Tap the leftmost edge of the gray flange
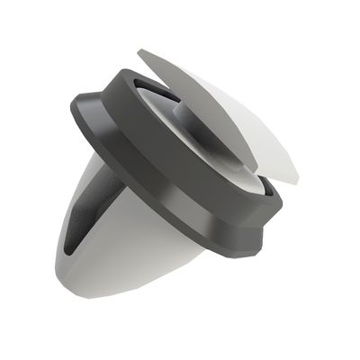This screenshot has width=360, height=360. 72,112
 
